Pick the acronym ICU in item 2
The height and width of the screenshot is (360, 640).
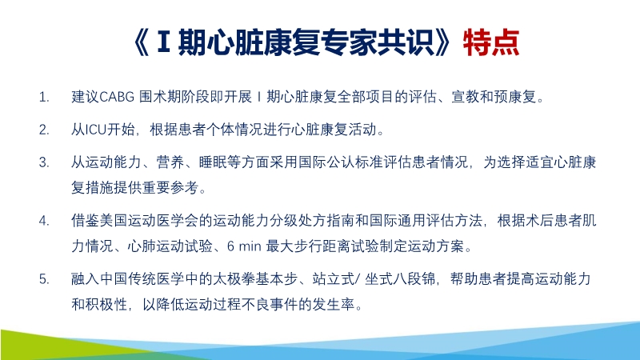96,130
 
